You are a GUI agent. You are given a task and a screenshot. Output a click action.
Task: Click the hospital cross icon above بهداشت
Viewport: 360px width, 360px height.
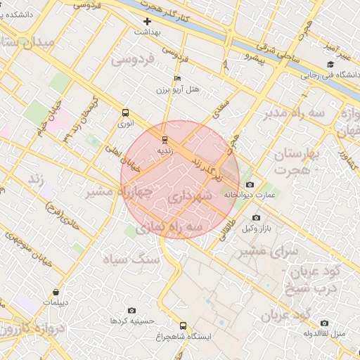tap(147, 21)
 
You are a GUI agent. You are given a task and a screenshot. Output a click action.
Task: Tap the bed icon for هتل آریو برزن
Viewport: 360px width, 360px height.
tap(177, 78)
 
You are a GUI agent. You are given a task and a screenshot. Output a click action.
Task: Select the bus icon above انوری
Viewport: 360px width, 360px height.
tap(125, 112)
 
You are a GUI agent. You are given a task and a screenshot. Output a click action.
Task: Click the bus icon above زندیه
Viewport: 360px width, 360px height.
tap(165, 139)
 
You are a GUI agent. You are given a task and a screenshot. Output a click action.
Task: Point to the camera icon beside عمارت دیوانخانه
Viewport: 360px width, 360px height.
tap(250, 185)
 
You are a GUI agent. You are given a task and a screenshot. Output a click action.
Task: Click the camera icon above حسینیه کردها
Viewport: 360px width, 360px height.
tap(131, 310)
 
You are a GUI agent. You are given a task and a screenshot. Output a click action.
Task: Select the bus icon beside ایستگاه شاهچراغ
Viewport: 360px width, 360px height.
tap(184, 326)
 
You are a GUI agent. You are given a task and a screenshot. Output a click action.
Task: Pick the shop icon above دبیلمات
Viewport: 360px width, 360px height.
tap(55, 292)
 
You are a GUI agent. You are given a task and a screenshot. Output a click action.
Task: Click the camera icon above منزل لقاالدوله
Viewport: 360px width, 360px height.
tap(324, 323)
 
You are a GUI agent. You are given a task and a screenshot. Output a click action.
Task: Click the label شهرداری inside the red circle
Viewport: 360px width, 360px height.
tap(190, 198)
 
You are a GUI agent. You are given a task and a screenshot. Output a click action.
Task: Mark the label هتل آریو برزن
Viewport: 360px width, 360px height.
tap(177, 90)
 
